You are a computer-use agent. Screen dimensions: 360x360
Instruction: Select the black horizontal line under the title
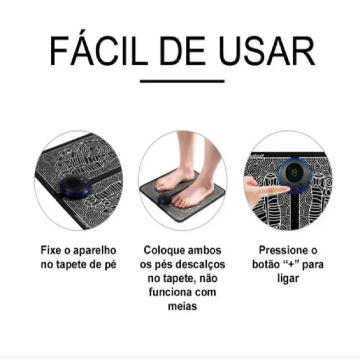(x=182, y=81)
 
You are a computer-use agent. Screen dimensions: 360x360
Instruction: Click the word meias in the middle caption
(x=182, y=306)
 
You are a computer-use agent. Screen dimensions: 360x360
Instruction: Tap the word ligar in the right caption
(x=290, y=279)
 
